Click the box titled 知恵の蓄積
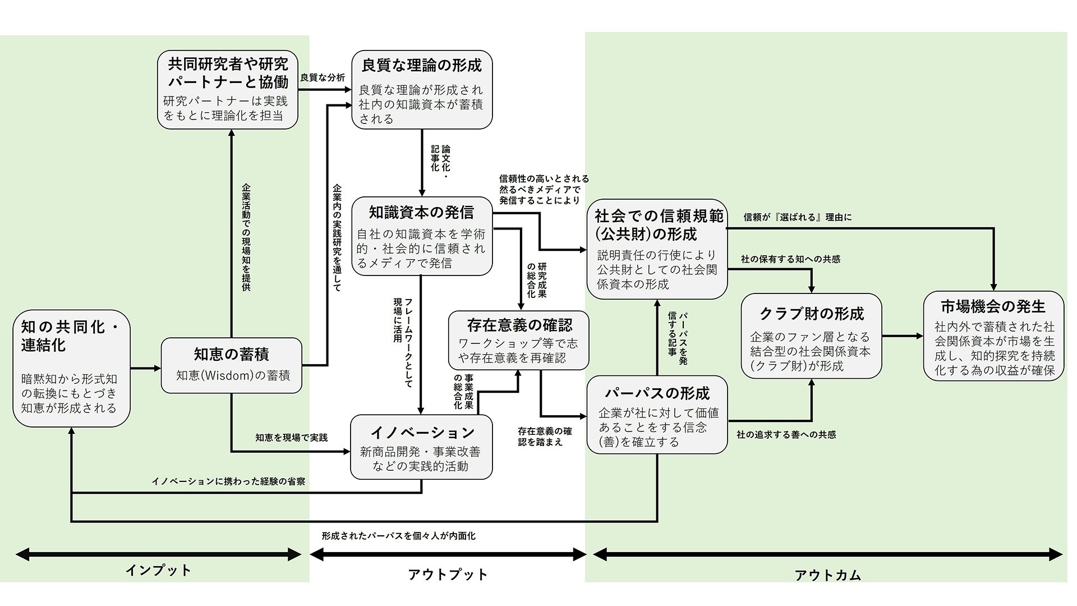(x=231, y=365)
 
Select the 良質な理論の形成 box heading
(x=422, y=66)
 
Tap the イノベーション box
(x=421, y=447)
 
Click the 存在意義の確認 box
(x=519, y=341)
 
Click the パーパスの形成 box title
(x=657, y=393)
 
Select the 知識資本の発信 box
(x=422, y=236)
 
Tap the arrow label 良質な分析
(x=323, y=77)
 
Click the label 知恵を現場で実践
(x=292, y=438)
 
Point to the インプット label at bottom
(x=158, y=571)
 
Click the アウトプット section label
(x=448, y=575)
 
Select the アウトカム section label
(x=827, y=575)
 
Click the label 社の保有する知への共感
(x=790, y=259)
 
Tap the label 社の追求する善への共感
(x=786, y=435)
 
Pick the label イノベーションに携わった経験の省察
(x=228, y=481)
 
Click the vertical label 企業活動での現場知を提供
(x=246, y=237)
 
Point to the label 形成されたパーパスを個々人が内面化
(x=398, y=536)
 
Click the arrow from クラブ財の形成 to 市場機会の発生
(x=902, y=336)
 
